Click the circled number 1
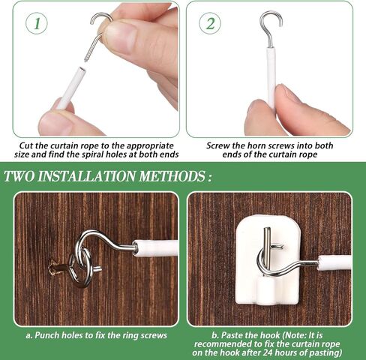37,23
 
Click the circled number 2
210,23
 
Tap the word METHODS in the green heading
172,176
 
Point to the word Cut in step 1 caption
26,145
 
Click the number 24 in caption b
268,352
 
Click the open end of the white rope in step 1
82,70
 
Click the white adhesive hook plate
268,262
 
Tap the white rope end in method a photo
155,248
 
